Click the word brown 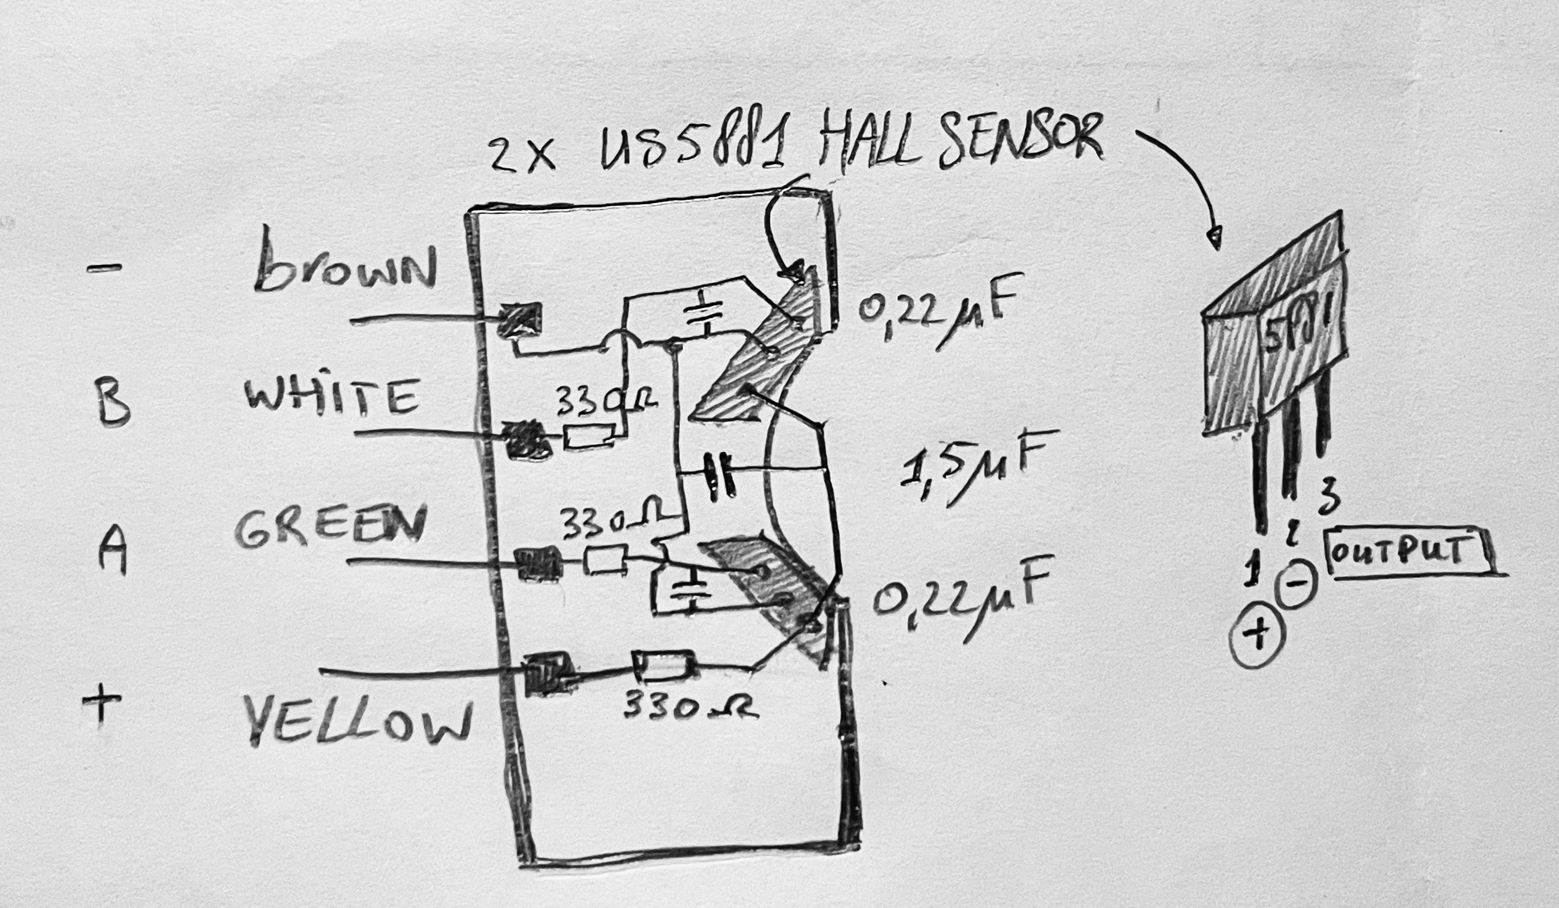coord(345,267)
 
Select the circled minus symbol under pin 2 coord(1297,584)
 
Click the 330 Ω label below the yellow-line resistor coord(689,705)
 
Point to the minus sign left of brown coord(104,268)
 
